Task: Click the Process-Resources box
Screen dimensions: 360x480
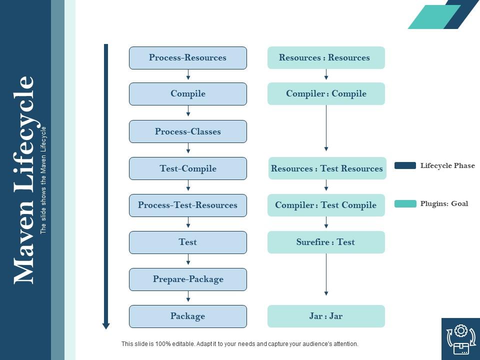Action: pos(188,58)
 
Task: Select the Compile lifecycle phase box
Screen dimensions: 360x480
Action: pos(188,94)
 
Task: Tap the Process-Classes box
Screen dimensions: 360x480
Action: pos(188,131)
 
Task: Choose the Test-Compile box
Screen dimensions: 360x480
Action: pos(188,168)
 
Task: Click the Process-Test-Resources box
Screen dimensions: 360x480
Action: pos(188,205)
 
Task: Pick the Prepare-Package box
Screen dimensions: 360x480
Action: pos(188,279)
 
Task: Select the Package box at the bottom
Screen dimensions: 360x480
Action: pos(188,316)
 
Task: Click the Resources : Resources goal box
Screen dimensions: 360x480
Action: pos(326,58)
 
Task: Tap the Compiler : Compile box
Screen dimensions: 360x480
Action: pos(326,94)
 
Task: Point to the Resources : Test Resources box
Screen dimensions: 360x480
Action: pos(326,168)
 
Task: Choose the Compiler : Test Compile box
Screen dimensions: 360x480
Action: pos(326,205)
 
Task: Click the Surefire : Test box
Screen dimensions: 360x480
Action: pos(326,242)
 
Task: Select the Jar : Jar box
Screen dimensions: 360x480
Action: pos(326,316)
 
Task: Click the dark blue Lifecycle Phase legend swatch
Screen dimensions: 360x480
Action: pos(405,165)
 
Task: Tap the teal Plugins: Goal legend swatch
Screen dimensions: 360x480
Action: pos(405,203)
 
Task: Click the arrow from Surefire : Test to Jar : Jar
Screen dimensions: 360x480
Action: pos(326,275)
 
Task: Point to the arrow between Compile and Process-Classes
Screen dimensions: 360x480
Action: pos(188,111)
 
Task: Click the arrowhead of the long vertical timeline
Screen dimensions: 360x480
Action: pos(106,326)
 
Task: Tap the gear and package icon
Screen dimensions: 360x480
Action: pos(460,339)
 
